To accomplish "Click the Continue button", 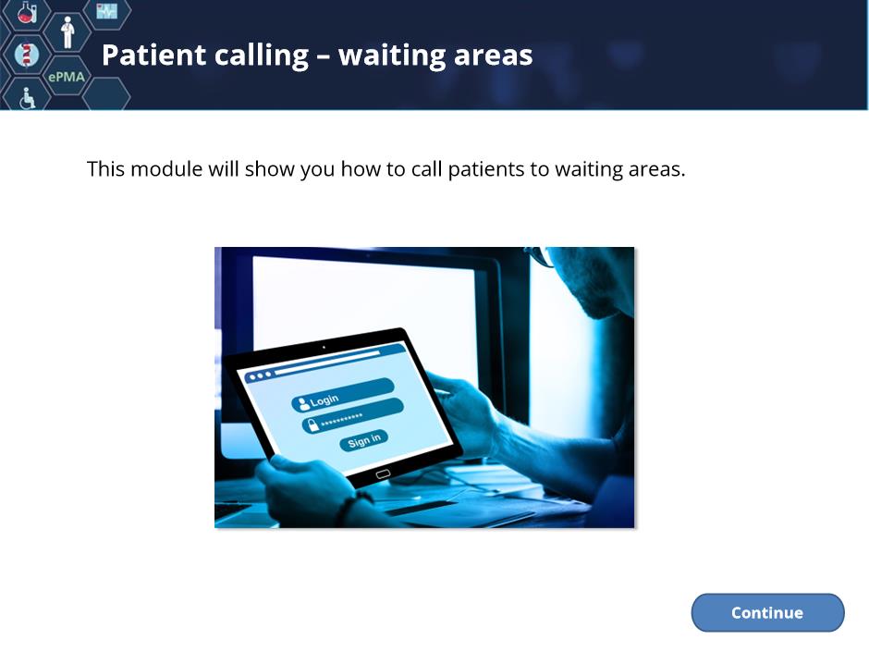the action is (x=767, y=612).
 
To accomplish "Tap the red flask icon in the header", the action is (x=26, y=13).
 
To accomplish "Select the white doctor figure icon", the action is (x=67, y=32).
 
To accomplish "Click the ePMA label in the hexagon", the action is (x=67, y=77).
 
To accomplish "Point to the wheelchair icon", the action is (x=27, y=98).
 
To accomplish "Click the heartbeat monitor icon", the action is (x=107, y=11).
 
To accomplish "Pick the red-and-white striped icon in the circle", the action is (x=26, y=55).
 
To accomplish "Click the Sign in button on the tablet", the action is (x=363, y=441).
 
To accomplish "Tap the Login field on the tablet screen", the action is (x=342, y=395).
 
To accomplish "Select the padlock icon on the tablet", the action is (x=312, y=425).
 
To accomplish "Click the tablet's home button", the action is (x=383, y=474).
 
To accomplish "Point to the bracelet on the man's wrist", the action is (x=350, y=508).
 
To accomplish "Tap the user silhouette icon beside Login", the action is (x=303, y=403).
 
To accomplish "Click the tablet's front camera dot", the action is (x=324, y=348).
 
